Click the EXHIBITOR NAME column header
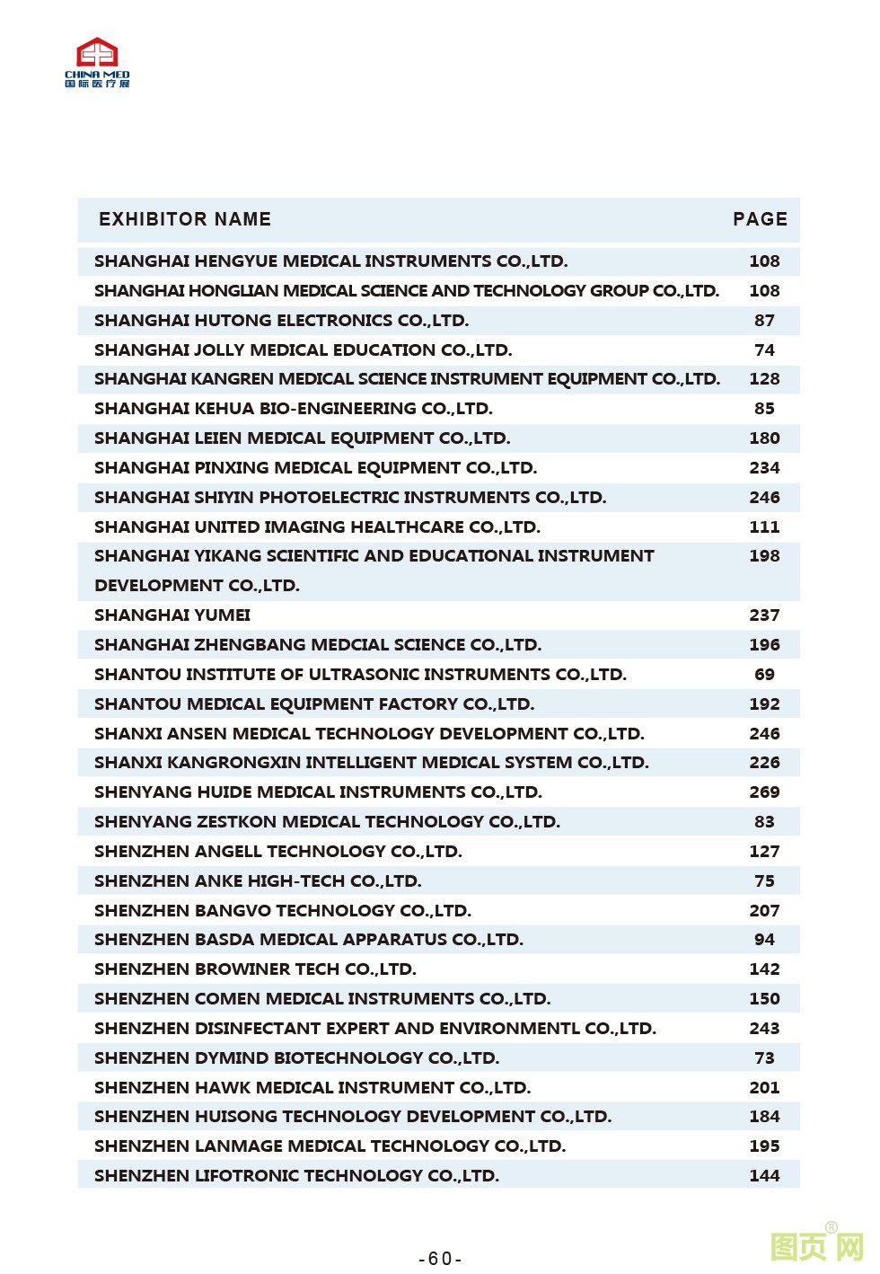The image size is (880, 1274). click(x=184, y=219)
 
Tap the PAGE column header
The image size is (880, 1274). click(x=760, y=219)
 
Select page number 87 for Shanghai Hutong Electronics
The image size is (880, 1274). click(x=764, y=321)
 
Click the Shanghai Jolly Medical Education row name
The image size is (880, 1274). click(x=303, y=350)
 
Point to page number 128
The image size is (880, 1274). click(x=764, y=379)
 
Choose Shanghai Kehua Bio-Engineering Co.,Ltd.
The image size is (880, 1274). click(x=293, y=409)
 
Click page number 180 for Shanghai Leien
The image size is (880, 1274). click(x=764, y=438)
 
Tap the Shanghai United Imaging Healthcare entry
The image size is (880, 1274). click(x=317, y=527)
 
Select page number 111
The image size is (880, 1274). click(x=764, y=527)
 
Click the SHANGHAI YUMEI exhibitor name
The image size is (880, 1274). click(x=172, y=615)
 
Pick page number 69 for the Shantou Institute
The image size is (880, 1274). click(x=764, y=675)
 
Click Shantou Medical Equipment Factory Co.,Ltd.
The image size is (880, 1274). click(x=313, y=704)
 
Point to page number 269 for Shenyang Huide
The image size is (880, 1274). click(x=764, y=792)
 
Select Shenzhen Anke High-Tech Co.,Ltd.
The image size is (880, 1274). click(x=258, y=881)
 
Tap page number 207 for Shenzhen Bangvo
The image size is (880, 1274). click(x=764, y=911)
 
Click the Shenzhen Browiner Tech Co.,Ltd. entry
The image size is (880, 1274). click(x=255, y=969)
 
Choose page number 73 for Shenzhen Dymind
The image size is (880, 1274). click(x=764, y=1058)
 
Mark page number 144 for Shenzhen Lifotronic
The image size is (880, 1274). click(x=764, y=1176)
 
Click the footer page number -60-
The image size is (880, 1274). click(x=440, y=1259)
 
